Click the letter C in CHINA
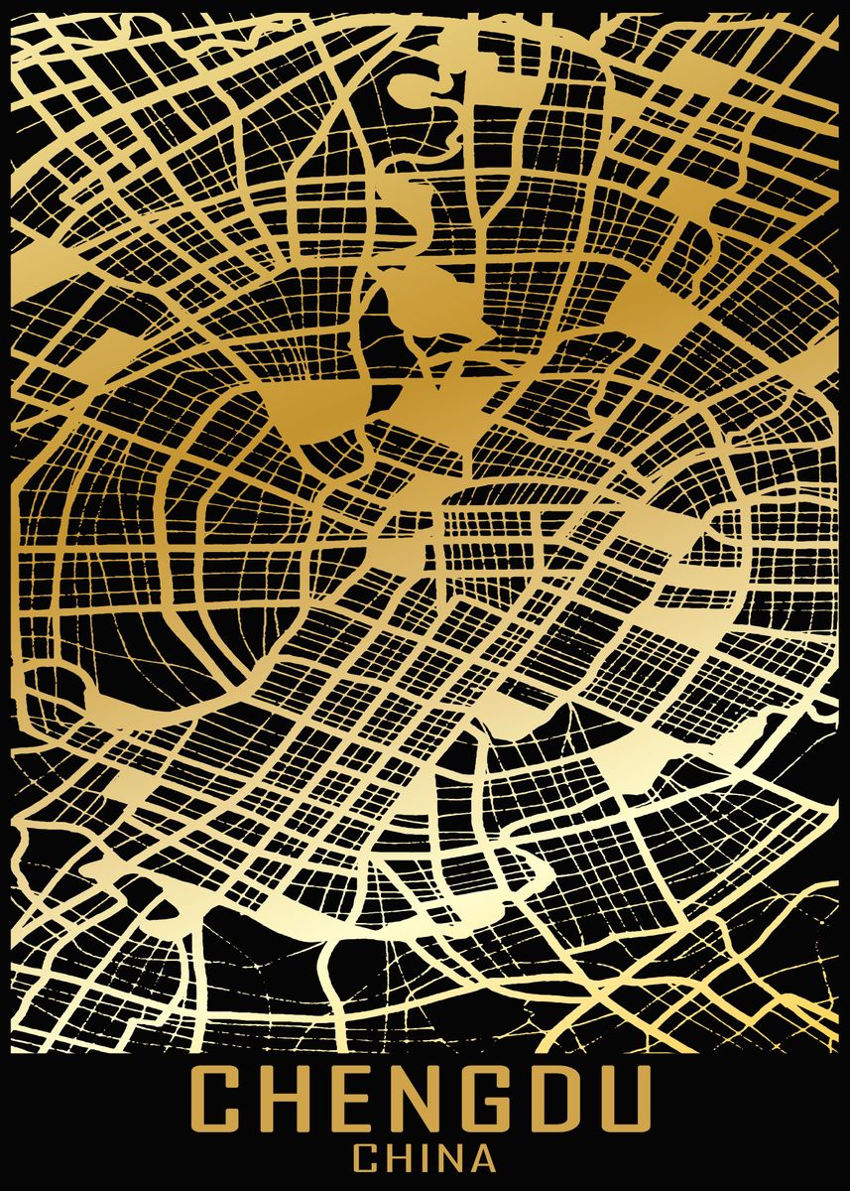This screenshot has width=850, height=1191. coord(368,1158)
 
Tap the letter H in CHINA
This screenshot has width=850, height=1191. coord(401,1158)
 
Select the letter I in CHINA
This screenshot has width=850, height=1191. coord(425,1158)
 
